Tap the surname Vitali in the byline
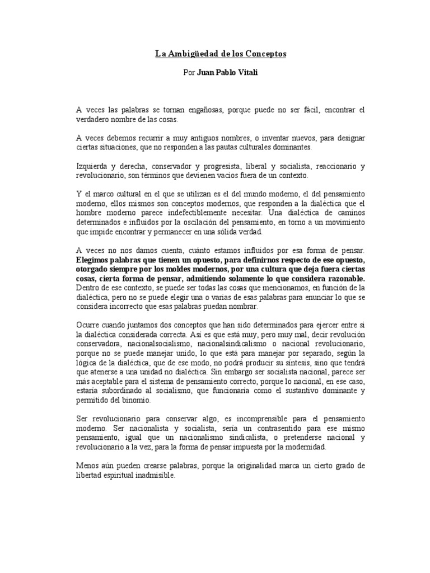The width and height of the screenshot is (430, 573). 246,73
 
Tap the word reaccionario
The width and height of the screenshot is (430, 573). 330,166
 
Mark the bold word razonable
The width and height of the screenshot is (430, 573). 345,279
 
